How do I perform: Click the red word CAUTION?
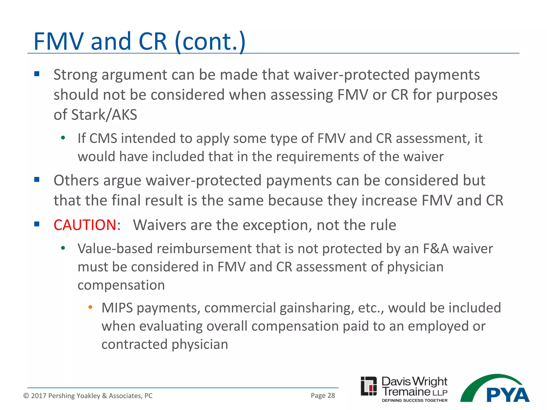point(85,225)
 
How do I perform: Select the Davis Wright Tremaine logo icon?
point(369,386)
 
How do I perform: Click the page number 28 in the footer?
point(331,396)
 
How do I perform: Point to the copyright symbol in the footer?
point(26,396)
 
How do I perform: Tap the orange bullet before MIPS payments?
point(90,307)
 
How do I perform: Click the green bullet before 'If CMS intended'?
point(63,138)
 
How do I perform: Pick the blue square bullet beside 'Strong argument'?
point(37,74)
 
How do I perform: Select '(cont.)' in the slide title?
point(210,41)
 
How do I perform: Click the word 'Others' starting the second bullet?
point(76,180)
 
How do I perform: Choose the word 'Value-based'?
point(115,249)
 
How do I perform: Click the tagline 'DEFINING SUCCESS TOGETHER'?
point(415,400)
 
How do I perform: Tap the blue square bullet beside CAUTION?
point(37,224)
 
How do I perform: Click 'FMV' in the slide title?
point(59,41)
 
